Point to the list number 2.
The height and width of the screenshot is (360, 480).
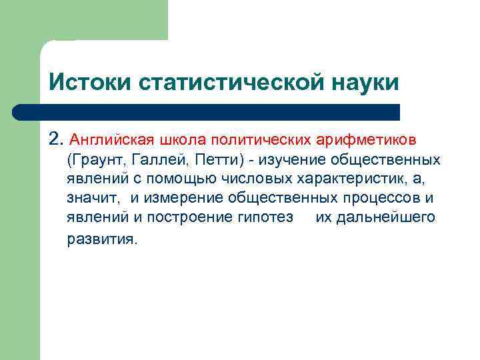pos(55,140)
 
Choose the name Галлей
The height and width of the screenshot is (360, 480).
pos(150,160)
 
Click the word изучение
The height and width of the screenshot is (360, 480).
pos(290,160)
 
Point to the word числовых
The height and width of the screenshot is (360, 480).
pos(237,179)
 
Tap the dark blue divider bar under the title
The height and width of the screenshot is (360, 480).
pos(207,112)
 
